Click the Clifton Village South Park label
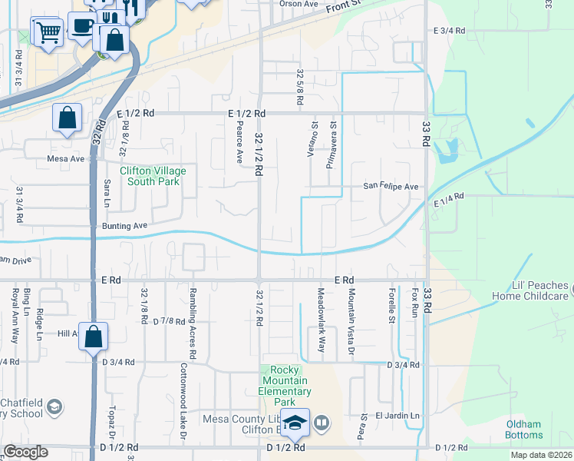coord(149,176)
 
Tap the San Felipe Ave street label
coord(390,187)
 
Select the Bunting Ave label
coord(124,227)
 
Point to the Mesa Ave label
coord(66,159)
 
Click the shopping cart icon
coord(48,32)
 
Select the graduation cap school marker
coord(295,423)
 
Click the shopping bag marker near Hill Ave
coord(93,337)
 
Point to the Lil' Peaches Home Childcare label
coord(529,290)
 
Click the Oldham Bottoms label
coord(524,429)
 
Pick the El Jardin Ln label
coord(398,416)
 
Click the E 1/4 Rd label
coord(449,200)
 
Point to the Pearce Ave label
coord(240,141)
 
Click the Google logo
coord(25,452)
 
